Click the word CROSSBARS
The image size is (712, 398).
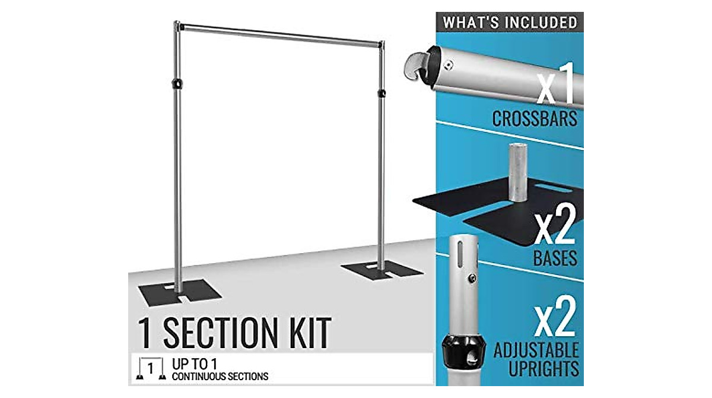pyautogui.click(x=535, y=118)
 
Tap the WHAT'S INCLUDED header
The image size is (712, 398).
pyautogui.click(x=510, y=23)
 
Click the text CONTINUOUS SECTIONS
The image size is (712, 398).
pyautogui.click(x=220, y=376)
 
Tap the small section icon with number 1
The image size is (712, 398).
pyautogui.click(x=150, y=369)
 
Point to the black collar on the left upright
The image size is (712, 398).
pyautogui.click(x=176, y=84)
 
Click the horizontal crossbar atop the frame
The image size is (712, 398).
pyautogui.click(x=279, y=34)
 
